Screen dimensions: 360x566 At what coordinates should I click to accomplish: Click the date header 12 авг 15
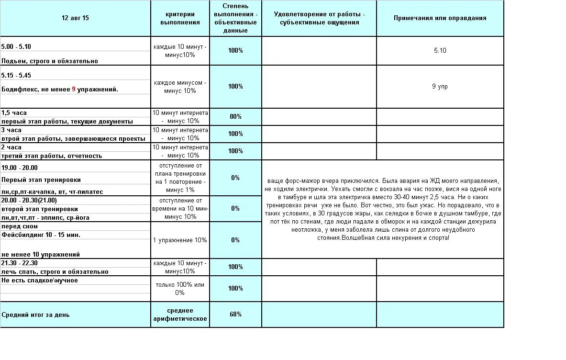point(75,18)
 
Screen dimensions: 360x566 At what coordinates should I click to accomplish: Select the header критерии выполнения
point(180,18)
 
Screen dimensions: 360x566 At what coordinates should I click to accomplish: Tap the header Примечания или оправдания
point(440,18)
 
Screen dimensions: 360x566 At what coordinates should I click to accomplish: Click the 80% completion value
point(235,117)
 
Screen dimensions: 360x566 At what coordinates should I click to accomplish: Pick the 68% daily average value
point(235,315)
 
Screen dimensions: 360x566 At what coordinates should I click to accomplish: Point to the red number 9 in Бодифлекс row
point(74,90)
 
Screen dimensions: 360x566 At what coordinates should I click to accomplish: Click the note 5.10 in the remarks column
point(440,50)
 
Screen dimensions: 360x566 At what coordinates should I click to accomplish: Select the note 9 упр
point(440,87)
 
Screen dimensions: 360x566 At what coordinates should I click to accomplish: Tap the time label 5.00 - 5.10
point(16,47)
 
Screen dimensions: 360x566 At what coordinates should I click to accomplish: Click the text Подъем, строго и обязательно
point(50,61)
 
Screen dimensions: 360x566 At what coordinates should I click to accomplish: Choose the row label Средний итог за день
point(35,315)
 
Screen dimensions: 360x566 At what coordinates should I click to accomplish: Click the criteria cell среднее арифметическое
point(180,315)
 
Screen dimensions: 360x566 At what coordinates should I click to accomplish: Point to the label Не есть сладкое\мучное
point(40,281)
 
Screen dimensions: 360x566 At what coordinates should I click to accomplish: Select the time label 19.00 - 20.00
point(20,168)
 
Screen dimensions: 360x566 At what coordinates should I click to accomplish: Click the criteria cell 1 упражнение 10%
point(180,240)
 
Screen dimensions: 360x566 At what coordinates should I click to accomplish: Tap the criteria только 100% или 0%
point(180,288)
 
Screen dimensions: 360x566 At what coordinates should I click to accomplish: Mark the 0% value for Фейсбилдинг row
point(235,240)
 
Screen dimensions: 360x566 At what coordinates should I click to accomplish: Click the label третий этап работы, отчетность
point(52,156)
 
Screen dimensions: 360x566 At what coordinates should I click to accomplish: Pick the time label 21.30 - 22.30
point(20,263)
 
